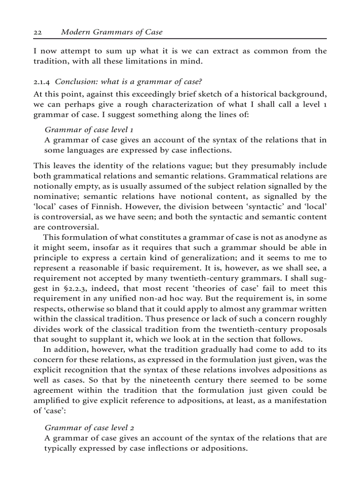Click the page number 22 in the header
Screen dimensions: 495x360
coord(37,32)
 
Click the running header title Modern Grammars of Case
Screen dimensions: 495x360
coord(112,32)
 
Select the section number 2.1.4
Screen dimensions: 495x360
coord(42,82)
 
